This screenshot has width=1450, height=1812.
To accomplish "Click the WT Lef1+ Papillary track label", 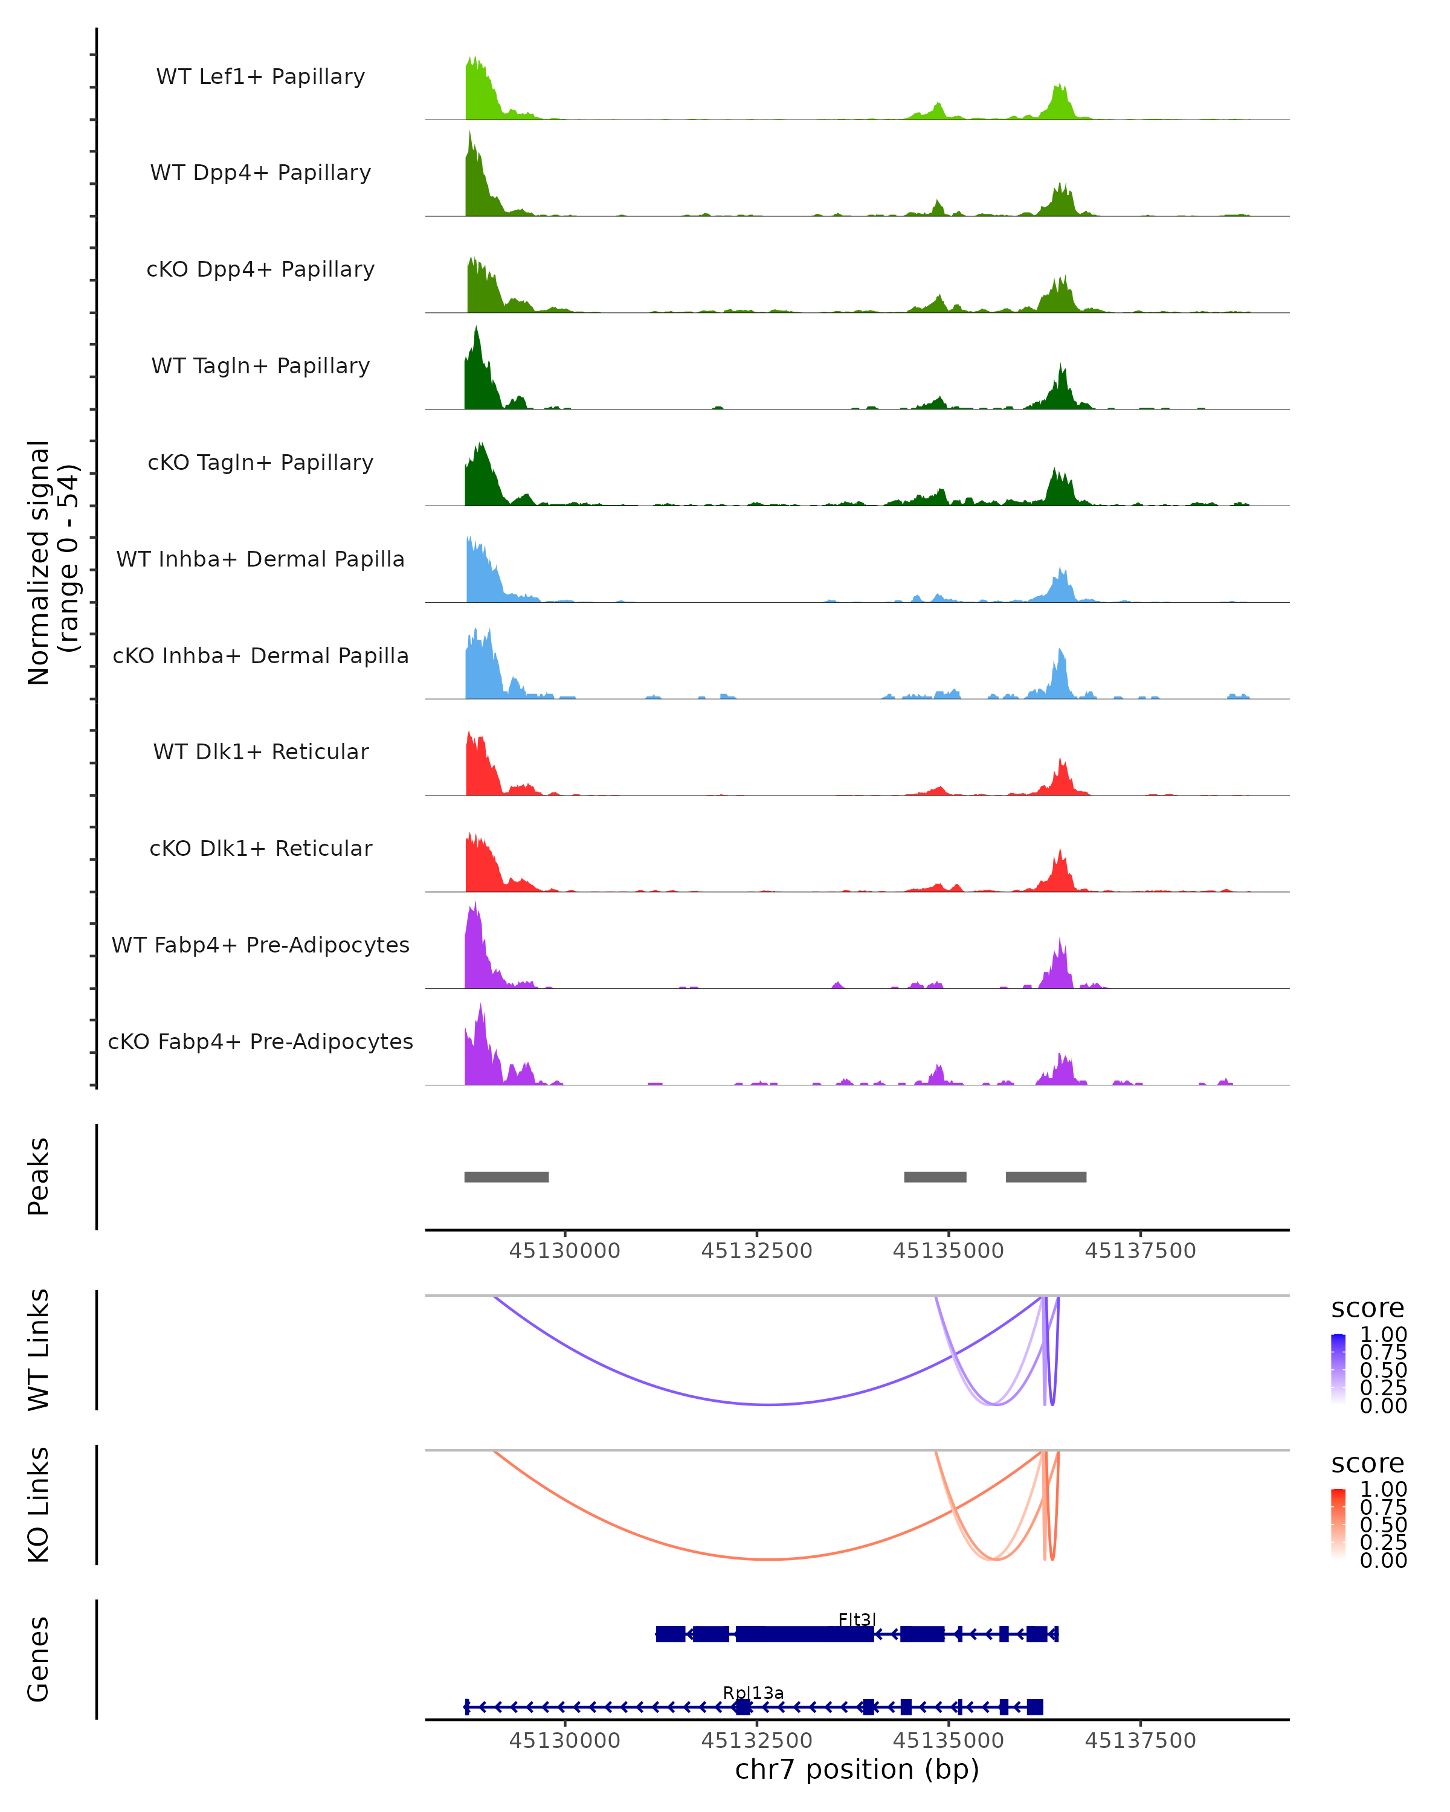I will pyautogui.click(x=260, y=77).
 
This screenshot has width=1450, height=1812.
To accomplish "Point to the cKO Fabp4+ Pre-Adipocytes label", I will pyautogui.click(x=260, y=1041).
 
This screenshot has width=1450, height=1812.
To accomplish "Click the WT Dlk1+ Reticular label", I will pyautogui.click(x=260, y=751).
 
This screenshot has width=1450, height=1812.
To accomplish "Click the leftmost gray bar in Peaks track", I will pyautogui.click(x=506, y=1177).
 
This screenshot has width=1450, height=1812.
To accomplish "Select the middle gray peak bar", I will pyautogui.click(x=935, y=1177).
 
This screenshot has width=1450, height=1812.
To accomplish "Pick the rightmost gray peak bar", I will pyautogui.click(x=1046, y=1177).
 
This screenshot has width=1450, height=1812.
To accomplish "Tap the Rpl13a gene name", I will pyautogui.click(x=753, y=1692).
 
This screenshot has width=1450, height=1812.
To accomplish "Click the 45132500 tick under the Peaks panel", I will pyautogui.click(x=756, y=1251).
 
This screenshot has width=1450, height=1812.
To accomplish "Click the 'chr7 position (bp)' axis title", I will pyautogui.click(x=857, y=1769).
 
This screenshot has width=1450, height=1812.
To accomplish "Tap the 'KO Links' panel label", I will pyautogui.click(x=39, y=1505).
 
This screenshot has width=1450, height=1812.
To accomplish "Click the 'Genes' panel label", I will pyautogui.click(x=39, y=1659).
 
